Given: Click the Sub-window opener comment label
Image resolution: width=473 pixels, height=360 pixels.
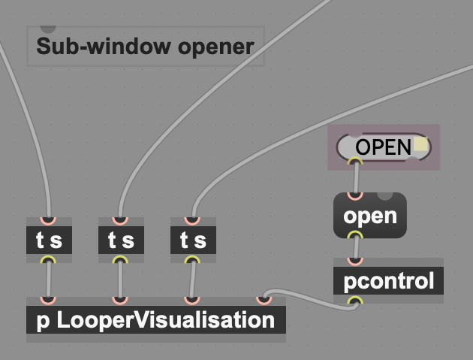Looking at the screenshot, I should (x=145, y=47).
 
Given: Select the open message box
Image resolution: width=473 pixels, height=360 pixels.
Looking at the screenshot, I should (x=369, y=216).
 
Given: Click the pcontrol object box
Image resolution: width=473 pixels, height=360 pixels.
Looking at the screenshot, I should (x=388, y=282).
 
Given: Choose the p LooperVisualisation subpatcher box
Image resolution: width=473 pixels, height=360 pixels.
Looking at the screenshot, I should (x=155, y=321).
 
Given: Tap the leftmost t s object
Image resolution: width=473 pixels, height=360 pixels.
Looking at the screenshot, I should (x=49, y=241).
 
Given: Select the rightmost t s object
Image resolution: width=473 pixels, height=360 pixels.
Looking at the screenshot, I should (x=193, y=241).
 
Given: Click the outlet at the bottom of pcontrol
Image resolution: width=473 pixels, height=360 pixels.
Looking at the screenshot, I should (x=355, y=302).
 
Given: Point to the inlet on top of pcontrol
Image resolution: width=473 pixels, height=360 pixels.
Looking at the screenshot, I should (x=355, y=262).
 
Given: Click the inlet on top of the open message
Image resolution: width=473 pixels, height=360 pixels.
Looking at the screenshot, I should (x=355, y=195).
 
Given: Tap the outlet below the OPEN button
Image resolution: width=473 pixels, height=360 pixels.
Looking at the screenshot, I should (x=355, y=160).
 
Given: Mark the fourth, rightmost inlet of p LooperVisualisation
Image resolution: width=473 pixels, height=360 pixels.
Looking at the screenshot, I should (x=264, y=300).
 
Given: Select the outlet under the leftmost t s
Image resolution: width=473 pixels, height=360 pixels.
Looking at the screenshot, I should (x=49, y=260).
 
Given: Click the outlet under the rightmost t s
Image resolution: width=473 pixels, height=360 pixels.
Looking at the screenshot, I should (x=193, y=260).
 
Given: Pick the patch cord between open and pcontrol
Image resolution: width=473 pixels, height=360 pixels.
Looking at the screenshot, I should (x=355, y=248).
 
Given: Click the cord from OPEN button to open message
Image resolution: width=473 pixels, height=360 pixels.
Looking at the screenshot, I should (x=356, y=178).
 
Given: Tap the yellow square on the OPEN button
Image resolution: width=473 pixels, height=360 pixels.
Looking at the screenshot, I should (x=420, y=145).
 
